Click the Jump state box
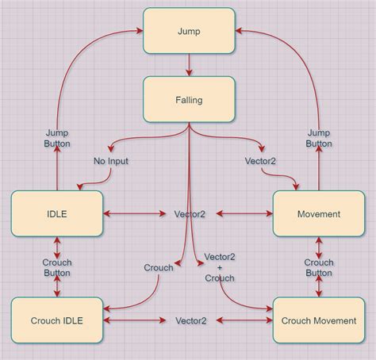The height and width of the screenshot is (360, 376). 189,31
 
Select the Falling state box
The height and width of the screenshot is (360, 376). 189,99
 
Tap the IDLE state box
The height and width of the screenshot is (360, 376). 57,213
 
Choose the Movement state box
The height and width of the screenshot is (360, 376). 319,213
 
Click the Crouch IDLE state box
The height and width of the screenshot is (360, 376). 57,320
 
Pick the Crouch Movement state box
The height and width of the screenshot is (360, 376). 319,320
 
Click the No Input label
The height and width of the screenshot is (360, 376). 110,161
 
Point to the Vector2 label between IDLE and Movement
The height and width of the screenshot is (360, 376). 190,214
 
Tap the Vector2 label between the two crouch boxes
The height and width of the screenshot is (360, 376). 190,320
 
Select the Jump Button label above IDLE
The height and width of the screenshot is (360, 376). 57,138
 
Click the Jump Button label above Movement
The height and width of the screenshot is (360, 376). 319,138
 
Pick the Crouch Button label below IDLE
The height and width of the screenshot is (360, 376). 57,267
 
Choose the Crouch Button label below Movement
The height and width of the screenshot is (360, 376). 319,267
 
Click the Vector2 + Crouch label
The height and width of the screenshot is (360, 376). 220,267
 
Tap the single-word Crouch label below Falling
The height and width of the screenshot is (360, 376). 159,268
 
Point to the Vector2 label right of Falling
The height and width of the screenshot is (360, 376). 260,161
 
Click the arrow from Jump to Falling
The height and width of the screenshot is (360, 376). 189,65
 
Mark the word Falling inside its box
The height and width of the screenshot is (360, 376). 189,99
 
